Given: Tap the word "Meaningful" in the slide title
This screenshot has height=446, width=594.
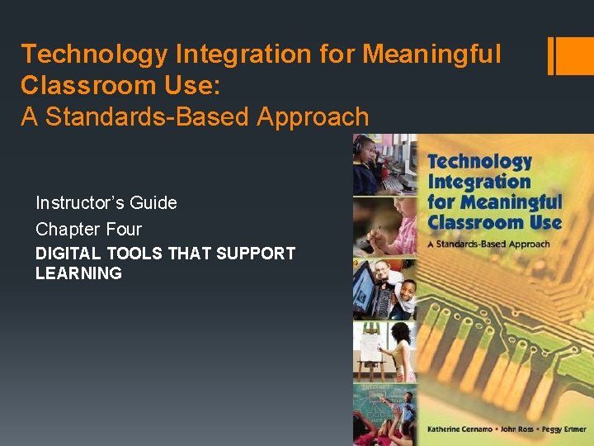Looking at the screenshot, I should coord(432,55).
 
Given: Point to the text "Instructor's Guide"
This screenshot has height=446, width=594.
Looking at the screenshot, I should coord(106,202).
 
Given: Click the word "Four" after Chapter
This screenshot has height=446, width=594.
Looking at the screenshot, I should coord(124,229).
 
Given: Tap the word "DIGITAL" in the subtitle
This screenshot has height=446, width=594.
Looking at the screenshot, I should coord(68,254).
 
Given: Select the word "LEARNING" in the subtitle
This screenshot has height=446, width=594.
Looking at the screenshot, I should coord(78,273).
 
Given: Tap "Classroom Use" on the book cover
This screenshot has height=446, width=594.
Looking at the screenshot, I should coord(494,221).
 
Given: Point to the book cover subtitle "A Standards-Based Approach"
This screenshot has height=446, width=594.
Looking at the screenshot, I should coord(488,244).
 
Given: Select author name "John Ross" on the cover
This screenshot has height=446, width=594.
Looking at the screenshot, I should coord(516,430).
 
